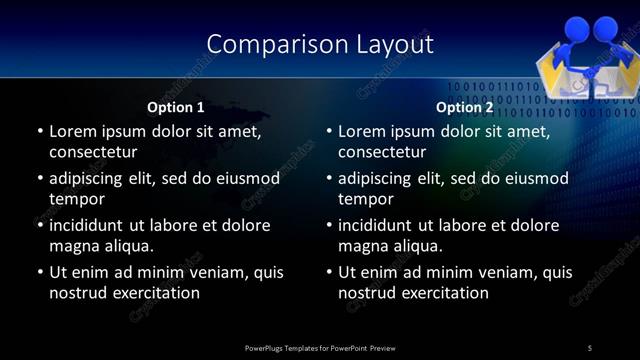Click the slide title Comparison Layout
[x=320, y=44]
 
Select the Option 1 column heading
[x=176, y=107]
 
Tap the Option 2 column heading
[x=465, y=107]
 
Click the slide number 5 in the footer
[x=590, y=347]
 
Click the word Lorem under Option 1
[x=73, y=131]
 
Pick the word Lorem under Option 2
[x=363, y=131]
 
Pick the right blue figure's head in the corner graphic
[x=606, y=27]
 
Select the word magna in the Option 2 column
[x=362, y=246]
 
